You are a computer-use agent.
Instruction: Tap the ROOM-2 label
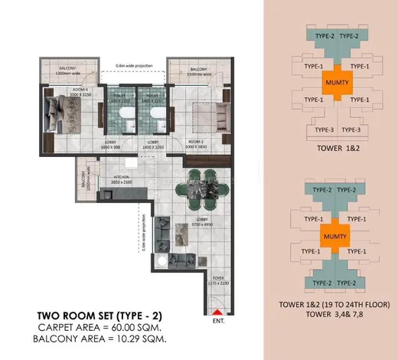pyautogui.click(x=197, y=142)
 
